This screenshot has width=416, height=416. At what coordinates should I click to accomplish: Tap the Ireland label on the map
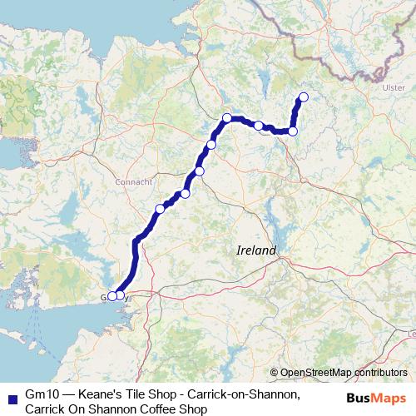tap(256, 250)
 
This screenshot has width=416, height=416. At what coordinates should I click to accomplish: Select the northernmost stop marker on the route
tap(303, 97)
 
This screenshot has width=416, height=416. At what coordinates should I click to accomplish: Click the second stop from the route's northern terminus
tap(293, 131)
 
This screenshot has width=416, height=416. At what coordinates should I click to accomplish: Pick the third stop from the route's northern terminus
tap(259, 126)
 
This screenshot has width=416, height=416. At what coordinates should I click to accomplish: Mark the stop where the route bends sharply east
tap(227, 118)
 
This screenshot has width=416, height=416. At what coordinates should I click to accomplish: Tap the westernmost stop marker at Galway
tap(111, 295)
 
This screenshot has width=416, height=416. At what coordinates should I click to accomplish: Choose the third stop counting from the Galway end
tap(160, 208)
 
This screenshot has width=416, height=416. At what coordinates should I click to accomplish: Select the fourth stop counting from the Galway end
tap(186, 193)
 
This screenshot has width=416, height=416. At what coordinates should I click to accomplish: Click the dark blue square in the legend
tap(9, 394)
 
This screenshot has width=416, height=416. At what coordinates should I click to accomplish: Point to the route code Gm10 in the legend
tap(42, 394)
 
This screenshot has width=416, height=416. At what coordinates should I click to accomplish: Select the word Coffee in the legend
tap(147, 409)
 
